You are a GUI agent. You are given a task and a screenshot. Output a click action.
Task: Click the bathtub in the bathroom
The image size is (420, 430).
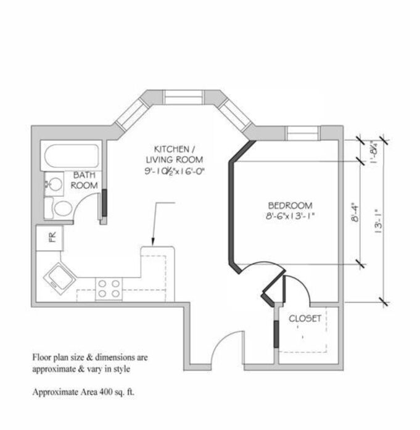(x=72, y=155)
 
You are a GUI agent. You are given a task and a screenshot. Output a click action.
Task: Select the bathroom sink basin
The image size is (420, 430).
(x=54, y=184)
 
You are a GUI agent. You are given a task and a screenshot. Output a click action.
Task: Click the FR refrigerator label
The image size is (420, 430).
(x=52, y=237)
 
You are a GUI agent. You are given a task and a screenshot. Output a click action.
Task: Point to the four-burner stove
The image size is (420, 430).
(x=109, y=289)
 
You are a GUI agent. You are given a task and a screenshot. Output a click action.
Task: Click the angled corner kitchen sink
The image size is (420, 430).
(x=59, y=279)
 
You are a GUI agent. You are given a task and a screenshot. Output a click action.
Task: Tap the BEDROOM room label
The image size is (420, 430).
(x=290, y=205)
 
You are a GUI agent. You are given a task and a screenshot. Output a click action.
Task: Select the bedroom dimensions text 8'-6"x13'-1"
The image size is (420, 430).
(x=289, y=216)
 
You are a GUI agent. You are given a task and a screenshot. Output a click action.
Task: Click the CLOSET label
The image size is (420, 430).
(x=305, y=318)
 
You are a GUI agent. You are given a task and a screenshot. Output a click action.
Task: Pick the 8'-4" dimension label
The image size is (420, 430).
(x=355, y=212)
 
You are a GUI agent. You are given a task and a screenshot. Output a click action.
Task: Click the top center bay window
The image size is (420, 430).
(x=184, y=97)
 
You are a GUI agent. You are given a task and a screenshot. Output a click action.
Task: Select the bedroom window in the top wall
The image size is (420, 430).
(x=303, y=133)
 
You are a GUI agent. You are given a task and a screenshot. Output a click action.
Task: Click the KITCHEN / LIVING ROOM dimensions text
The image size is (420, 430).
(x=175, y=172)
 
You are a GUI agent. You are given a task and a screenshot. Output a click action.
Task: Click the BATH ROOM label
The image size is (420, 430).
(x=84, y=180)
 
